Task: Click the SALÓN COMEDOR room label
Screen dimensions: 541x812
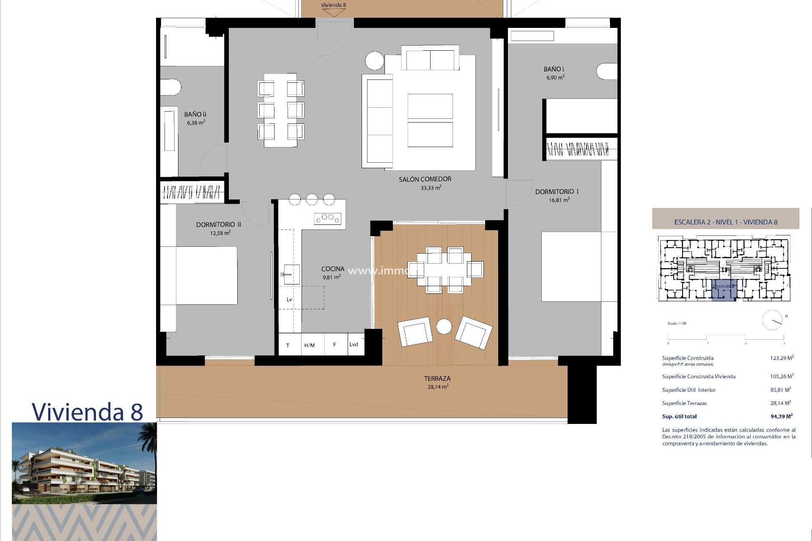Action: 425,179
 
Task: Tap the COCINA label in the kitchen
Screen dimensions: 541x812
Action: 332,269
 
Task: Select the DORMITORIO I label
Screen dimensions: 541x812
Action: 557,191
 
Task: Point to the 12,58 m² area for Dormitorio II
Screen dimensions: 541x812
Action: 220,233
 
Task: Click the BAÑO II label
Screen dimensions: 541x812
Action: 195,114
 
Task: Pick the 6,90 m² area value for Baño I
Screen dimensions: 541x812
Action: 555,77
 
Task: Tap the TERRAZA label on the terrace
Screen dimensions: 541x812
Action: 437,379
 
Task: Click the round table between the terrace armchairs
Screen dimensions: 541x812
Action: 444,326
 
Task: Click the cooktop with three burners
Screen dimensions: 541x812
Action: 327,218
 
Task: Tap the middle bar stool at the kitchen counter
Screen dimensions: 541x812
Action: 312,199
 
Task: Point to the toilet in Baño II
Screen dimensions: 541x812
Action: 171,87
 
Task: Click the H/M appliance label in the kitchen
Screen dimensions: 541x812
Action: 309,345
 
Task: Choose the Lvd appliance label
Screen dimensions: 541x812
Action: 354,344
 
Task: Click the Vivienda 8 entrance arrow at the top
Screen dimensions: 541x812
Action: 333,10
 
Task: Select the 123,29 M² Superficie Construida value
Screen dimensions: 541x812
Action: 782,358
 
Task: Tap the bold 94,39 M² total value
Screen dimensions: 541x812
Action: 781,416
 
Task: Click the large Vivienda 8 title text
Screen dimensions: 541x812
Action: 88,411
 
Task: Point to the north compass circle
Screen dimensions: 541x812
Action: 772,320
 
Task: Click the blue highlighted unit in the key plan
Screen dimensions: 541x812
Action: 724,290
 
